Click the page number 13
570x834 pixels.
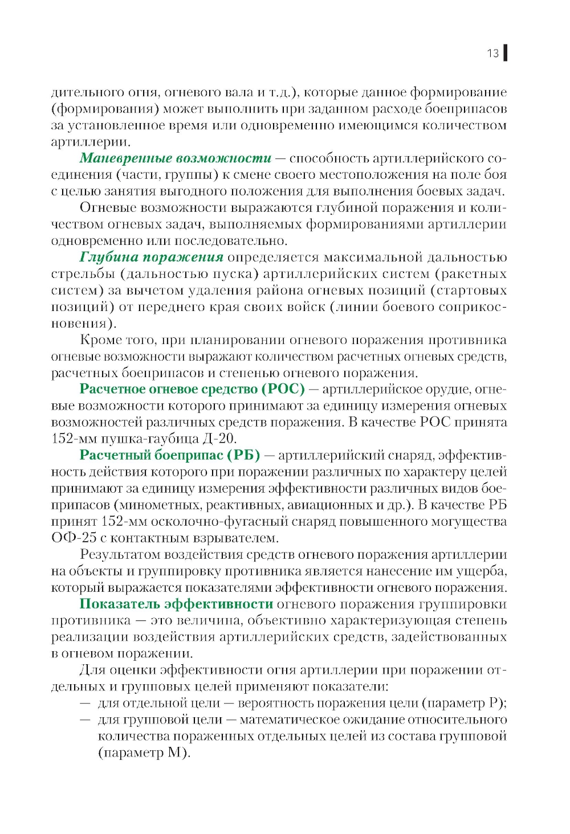[492, 53]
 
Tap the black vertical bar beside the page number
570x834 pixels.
[506, 53]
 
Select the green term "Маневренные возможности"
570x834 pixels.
[176, 158]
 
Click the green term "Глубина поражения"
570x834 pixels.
[152, 257]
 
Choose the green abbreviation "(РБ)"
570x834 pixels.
[243, 455]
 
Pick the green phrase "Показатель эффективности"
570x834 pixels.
[176, 604]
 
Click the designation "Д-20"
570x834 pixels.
[219, 439]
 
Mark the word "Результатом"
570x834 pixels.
[118, 554]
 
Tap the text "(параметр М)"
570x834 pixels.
[144, 753]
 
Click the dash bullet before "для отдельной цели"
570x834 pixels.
[85, 703]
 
